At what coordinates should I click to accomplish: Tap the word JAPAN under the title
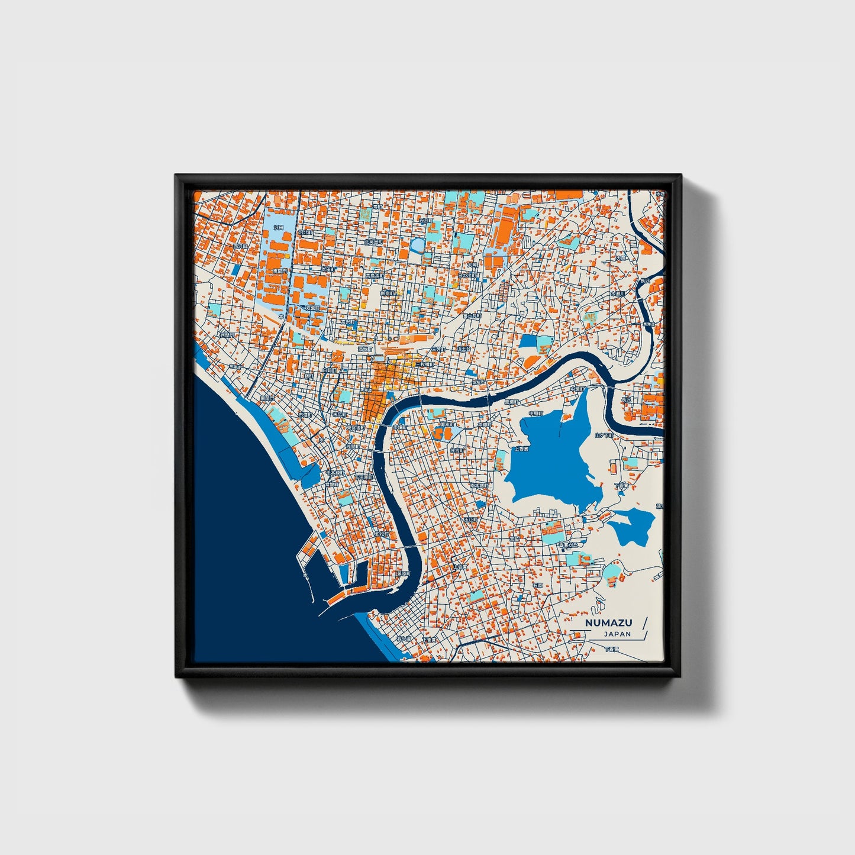(x=617, y=634)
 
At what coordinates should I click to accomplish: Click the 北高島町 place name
(x=374, y=242)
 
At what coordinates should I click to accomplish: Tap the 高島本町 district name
(x=375, y=276)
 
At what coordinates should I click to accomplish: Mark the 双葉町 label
(x=311, y=308)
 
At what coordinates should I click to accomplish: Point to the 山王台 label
(x=463, y=349)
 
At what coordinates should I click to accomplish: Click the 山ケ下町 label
(x=604, y=435)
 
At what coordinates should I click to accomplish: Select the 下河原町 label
(x=364, y=477)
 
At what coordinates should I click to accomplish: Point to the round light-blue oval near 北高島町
(x=418, y=244)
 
